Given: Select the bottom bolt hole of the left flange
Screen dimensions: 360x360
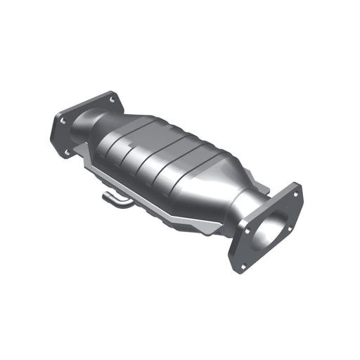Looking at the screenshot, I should pos(67,150).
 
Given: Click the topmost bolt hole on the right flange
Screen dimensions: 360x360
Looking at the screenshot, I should pos(294,194).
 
